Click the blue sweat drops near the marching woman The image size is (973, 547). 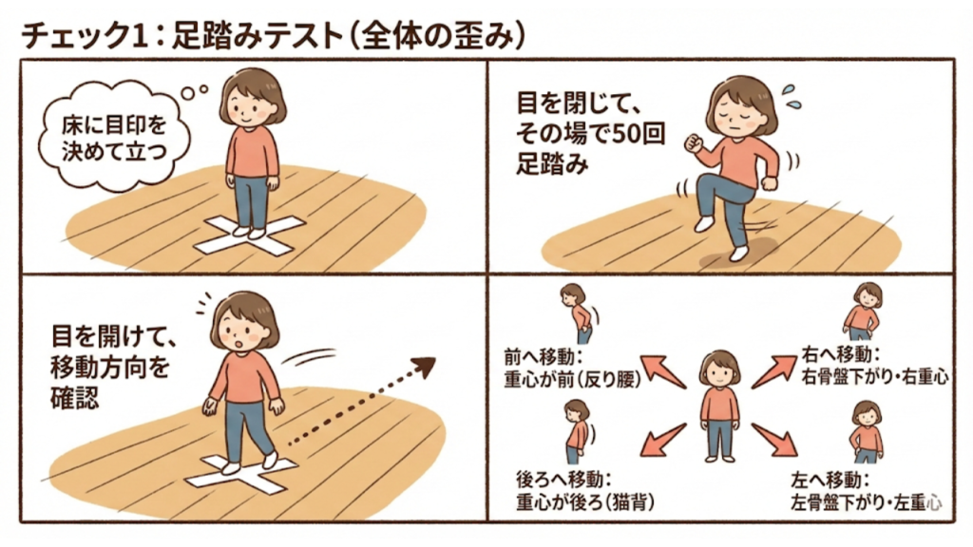pyautogui.click(x=788, y=95)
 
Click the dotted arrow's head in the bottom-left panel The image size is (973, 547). pyautogui.click(x=424, y=366)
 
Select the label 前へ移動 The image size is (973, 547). pyautogui.click(x=541, y=357)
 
